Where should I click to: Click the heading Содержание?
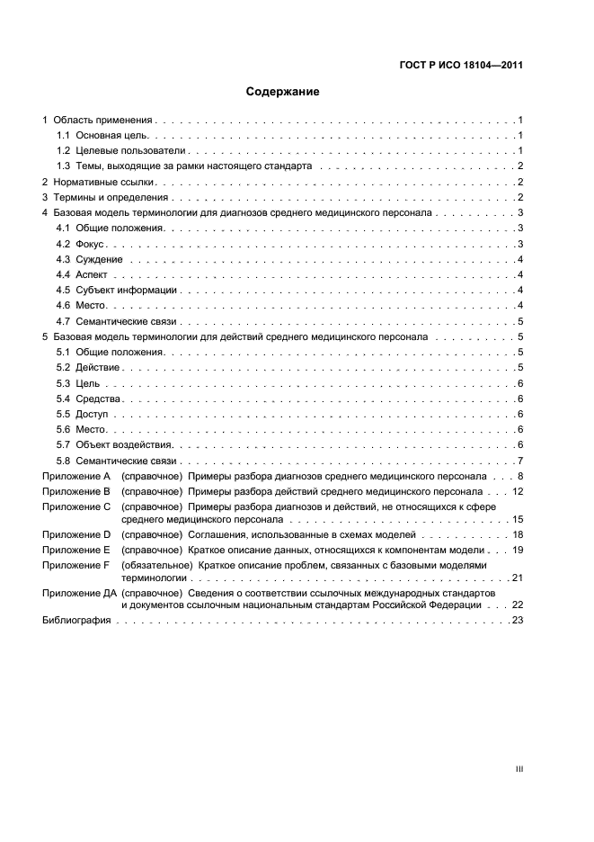(x=282, y=92)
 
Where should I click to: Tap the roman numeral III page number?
(x=519, y=769)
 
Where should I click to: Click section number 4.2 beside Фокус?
(x=63, y=244)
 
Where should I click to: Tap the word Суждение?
(x=99, y=259)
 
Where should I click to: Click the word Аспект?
(x=92, y=274)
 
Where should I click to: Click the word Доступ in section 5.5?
(x=93, y=414)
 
